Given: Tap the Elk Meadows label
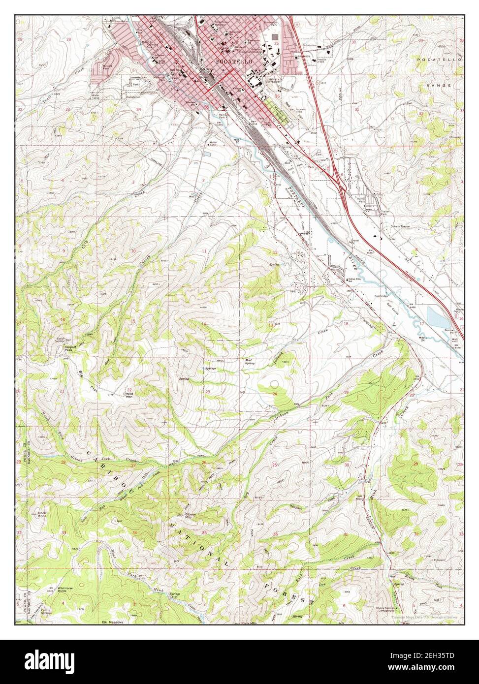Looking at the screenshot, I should (111, 622).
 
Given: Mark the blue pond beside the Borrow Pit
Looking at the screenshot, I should (437, 317).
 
